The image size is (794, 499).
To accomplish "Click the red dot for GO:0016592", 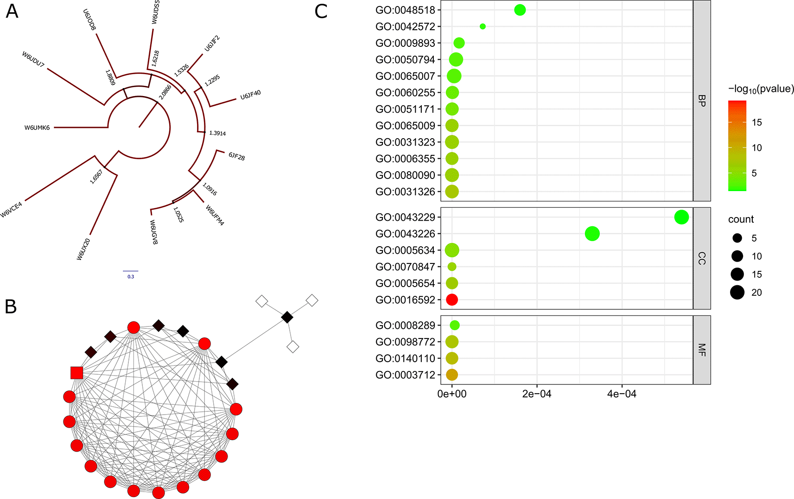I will pos(452,300).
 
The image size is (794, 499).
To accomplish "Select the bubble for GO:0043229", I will pos(681,217).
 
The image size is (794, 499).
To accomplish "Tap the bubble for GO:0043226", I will pos(592,234).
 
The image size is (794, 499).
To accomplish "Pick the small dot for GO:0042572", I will pos(483,26).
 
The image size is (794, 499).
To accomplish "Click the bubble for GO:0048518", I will pos(520,10).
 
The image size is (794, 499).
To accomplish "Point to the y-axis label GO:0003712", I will pos(405,375).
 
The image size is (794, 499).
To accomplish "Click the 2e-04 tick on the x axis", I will pos(537,394).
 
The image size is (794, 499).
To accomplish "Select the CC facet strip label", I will pos(702,258).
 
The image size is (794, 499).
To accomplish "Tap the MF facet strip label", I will pos(702,350).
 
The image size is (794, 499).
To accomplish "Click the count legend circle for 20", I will pos(737,293).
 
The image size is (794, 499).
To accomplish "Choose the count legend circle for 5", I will pos(737,238).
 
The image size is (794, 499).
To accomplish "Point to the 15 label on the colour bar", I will pos(757,122).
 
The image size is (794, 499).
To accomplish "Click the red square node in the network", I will pos(77,372).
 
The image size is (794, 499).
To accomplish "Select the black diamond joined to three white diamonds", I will pos(287,317).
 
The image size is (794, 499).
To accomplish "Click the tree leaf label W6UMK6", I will pos(37,128).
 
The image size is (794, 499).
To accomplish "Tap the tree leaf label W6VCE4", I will pos(12,210).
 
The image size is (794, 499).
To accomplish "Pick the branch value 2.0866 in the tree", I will pos(165,92).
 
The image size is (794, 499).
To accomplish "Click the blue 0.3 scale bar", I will pos(131,271).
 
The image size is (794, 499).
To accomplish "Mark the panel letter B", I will pos(11,307).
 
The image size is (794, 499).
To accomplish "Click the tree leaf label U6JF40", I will pos(250,96).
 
